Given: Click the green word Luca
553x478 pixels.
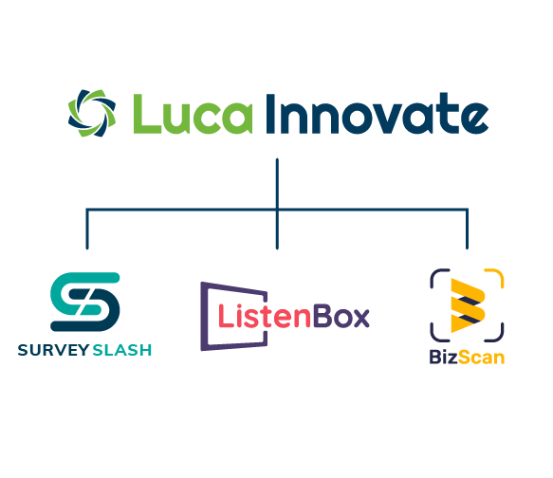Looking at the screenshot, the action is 193,114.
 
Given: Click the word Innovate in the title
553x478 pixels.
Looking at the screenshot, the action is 377,113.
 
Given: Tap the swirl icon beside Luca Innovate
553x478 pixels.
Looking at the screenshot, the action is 92,113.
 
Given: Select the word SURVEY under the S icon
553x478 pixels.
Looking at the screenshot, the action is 53,350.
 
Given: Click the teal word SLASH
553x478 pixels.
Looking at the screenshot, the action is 122,350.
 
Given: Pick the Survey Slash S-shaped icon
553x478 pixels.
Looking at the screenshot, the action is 85,302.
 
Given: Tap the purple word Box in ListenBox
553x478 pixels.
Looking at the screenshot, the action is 341,316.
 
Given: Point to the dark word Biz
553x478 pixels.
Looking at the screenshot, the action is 444,357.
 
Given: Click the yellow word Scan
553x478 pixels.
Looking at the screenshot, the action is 482,358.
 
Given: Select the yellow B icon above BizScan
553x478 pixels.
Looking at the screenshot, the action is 469,305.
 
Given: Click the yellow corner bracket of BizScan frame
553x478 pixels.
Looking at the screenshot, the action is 494,279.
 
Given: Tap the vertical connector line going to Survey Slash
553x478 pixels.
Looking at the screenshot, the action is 87,230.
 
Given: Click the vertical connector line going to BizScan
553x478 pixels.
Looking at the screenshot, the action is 467,230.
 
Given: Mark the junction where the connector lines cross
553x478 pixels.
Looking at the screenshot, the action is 277,211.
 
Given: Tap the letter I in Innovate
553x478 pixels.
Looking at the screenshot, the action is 270,114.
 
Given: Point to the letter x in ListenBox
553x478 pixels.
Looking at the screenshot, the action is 361,318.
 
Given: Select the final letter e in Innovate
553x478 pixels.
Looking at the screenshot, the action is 474,119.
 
